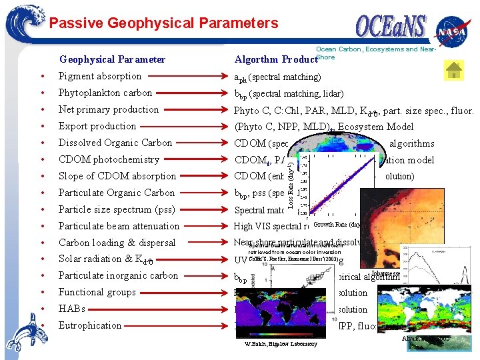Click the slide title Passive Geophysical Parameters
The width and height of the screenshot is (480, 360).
pos(163,23)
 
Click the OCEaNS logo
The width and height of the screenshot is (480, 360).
pos(390,28)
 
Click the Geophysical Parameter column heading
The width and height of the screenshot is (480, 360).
pos(112,59)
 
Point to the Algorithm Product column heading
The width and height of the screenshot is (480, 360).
pos(274,59)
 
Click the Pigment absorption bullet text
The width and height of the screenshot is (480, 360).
pos(100,76)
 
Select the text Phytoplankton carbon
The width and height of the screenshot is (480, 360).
pos(105,93)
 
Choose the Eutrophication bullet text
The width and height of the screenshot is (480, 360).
pos(90,325)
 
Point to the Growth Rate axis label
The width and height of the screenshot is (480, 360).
pos(337,225)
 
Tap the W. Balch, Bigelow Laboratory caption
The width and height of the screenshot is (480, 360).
pos(277,343)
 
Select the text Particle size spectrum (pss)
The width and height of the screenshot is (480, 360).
pos(117,209)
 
